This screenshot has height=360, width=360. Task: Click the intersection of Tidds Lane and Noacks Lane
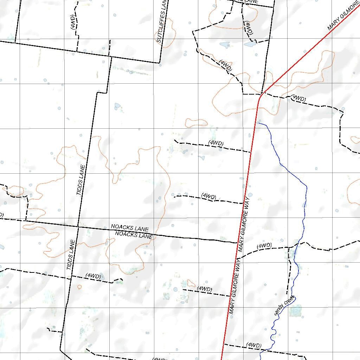click(x=78, y=227)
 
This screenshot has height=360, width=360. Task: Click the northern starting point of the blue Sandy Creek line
click(x=259, y=123)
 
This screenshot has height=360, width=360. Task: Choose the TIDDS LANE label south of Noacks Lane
click(x=71, y=255)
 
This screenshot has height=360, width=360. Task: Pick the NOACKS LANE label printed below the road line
click(x=134, y=235)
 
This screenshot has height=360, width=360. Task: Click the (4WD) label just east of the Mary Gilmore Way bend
click(x=298, y=99)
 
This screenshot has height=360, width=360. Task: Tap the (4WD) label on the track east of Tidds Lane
click(x=93, y=276)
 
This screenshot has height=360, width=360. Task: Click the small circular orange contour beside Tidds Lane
click(x=79, y=287)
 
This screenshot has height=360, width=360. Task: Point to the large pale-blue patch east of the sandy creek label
click(x=296, y=310)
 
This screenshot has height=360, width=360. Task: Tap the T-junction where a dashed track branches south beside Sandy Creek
click(x=289, y=247)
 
